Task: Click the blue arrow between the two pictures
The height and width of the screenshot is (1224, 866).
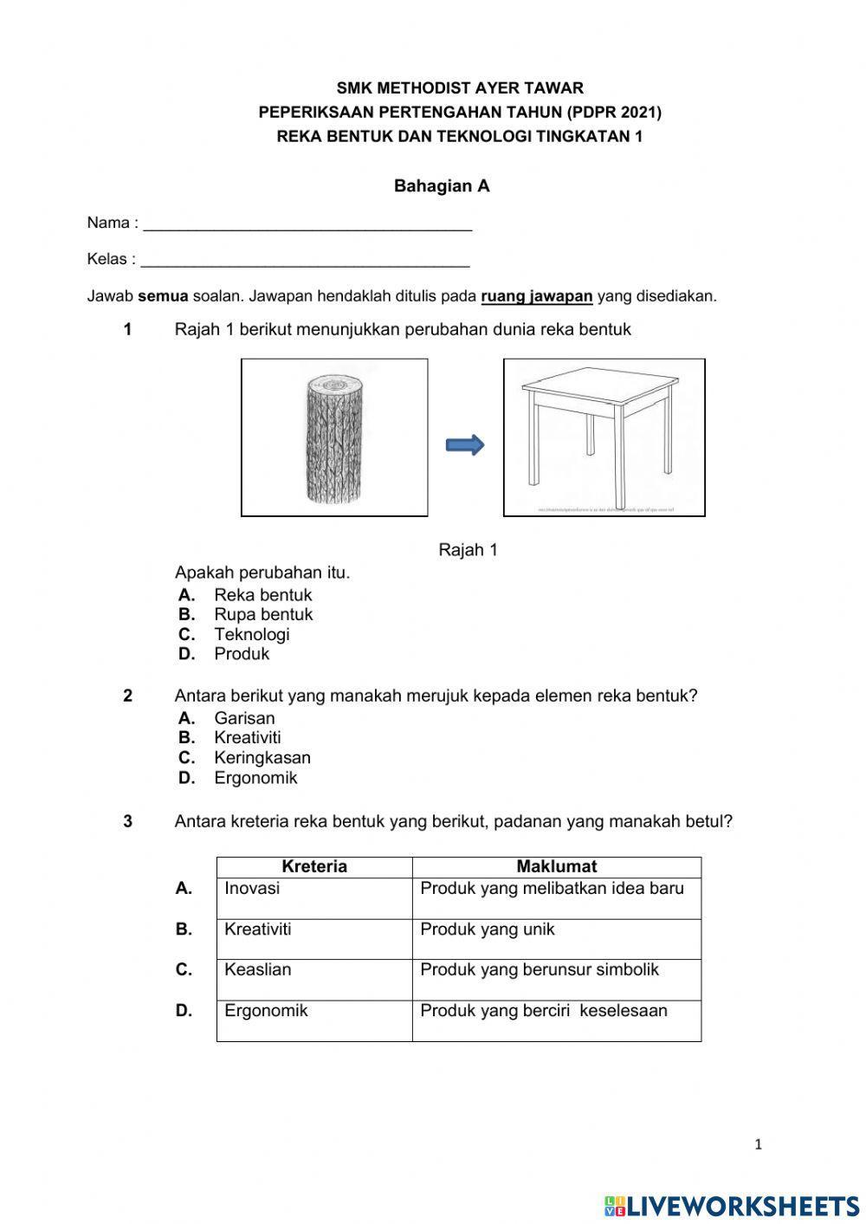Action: tap(465, 445)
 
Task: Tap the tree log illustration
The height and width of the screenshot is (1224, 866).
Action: tap(334, 438)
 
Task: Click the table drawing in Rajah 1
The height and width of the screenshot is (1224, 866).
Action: tap(604, 430)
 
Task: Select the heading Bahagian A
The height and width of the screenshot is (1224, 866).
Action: tap(442, 186)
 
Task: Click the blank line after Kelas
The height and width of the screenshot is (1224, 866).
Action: tap(305, 261)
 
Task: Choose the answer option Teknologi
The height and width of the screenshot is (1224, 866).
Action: tap(252, 634)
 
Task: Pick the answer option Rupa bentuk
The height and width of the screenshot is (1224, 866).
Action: tap(263, 614)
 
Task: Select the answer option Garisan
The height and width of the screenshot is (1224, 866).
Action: tap(244, 718)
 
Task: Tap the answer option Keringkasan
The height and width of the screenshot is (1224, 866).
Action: tap(262, 758)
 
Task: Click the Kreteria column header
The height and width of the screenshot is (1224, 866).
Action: tap(314, 867)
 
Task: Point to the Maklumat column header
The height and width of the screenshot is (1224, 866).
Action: tap(557, 867)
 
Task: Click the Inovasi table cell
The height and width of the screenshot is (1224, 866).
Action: tap(252, 889)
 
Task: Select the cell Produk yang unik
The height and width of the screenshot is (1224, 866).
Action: tap(487, 929)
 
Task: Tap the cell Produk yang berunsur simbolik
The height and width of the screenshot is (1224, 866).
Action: tap(540, 969)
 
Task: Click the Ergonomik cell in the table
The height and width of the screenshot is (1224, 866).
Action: tap(266, 1011)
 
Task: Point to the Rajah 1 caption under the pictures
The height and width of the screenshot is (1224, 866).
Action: tap(468, 550)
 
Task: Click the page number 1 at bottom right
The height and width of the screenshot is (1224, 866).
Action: tap(759, 1145)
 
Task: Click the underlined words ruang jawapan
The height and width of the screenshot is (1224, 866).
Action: tap(537, 296)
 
